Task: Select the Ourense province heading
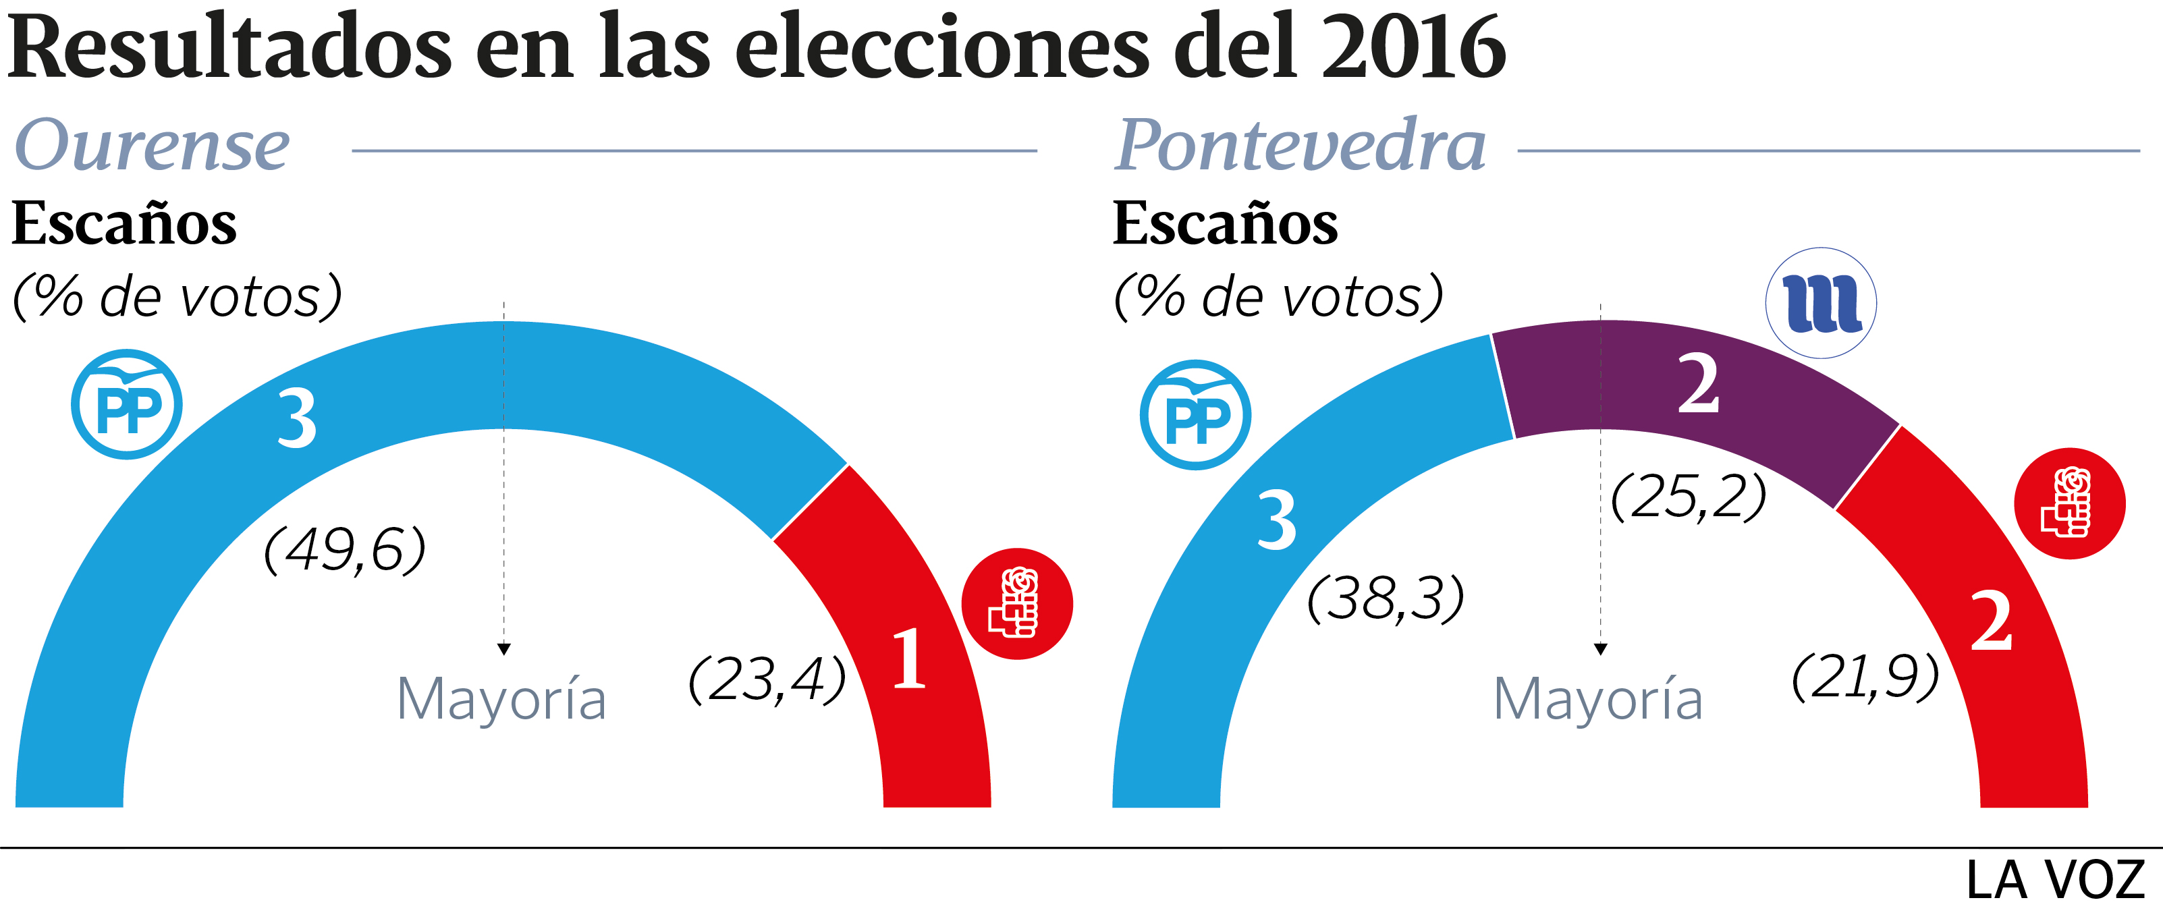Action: point(152,145)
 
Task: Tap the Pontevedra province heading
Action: point(1300,145)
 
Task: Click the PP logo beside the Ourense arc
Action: point(127,405)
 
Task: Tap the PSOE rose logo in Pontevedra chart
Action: point(2069,503)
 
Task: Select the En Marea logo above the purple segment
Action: point(1820,303)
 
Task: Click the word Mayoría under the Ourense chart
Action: point(501,699)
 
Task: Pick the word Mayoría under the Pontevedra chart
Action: point(1598,699)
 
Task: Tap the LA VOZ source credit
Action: point(2055,881)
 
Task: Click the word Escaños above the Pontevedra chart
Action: point(1225,224)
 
